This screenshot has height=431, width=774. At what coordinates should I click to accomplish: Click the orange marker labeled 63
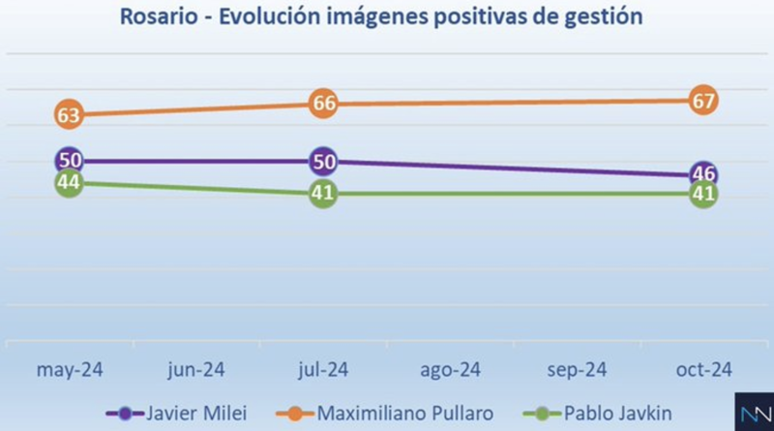[68, 115]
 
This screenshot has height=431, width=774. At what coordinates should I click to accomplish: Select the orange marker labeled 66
[322, 104]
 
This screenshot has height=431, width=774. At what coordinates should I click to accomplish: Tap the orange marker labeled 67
[703, 100]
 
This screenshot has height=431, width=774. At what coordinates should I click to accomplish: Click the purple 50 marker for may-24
[68, 161]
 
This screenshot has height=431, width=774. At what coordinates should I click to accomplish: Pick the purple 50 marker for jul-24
[322, 161]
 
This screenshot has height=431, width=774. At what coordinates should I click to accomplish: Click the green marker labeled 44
[68, 183]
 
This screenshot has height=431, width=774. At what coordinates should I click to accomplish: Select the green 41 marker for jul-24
[322, 194]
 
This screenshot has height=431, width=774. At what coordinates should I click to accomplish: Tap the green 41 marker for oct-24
[703, 194]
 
